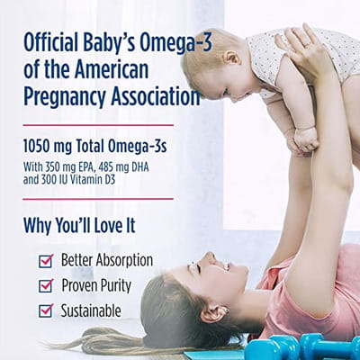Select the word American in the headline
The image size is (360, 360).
click(x=112, y=69)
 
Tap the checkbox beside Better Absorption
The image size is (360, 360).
click(x=46, y=261)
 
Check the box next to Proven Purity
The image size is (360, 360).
click(x=46, y=286)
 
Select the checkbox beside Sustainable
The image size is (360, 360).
click(x=46, y=310)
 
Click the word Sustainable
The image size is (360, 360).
click(x=91, y=310)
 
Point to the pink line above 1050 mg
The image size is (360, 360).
click(x=98, y=125)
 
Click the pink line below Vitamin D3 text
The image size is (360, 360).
click(x=98, y=199)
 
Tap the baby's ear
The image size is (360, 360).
click(x=233, y=58)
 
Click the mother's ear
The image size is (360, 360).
click(x=214, y=312)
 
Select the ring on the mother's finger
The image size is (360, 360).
click(x=308, y=44)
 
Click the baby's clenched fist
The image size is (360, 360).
click(x=304, y=139)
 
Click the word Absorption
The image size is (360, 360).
click(x=124, y=260)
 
